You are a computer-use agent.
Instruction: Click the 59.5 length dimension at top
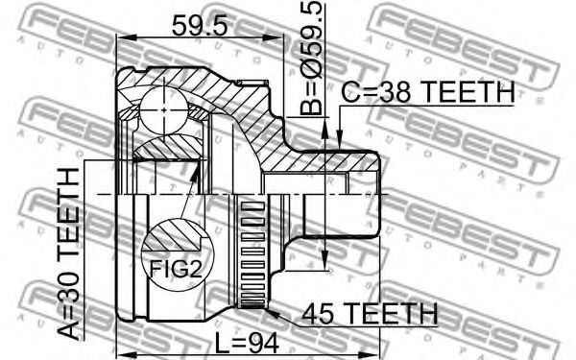[201, 25]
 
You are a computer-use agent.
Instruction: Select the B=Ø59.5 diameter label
[311, 58]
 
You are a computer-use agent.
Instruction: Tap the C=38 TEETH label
[428, 92]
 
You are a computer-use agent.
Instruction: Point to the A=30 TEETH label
[69, 253]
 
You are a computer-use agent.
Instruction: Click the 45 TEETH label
[371, 313]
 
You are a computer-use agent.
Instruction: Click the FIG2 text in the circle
[176, 269]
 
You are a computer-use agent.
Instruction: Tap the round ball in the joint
[164, 110]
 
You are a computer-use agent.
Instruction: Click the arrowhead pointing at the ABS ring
[274, 314]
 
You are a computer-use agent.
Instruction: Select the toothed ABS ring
[252, 253]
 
